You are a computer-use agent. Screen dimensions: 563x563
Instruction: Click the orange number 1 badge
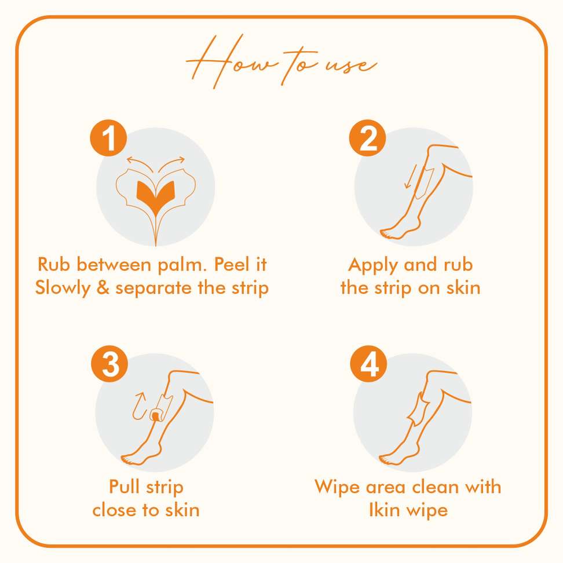point(108,138)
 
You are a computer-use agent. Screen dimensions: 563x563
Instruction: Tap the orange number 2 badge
point(367,138)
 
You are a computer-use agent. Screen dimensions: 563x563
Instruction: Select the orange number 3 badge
point(109,364)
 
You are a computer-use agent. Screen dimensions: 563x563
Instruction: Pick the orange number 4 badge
point(368,364)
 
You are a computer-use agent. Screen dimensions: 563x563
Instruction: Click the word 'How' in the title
point(230,61)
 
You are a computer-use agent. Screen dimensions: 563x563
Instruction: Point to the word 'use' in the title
point(351,65)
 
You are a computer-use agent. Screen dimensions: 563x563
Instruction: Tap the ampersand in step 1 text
point(103,288)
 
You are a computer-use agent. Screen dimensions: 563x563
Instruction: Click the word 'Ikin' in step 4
point(385,510)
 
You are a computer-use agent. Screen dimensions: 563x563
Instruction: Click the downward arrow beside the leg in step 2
point(410,177)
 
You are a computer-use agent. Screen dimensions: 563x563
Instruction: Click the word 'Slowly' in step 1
point(63,288)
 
